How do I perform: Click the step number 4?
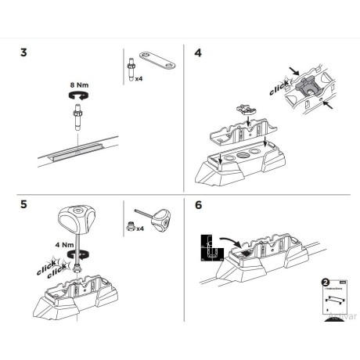click(x=197, y=54)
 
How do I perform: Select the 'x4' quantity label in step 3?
click(x=139, y=78)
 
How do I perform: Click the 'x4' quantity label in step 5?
click(x=140, y=229)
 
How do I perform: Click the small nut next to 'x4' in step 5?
click(x=129, y=229)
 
